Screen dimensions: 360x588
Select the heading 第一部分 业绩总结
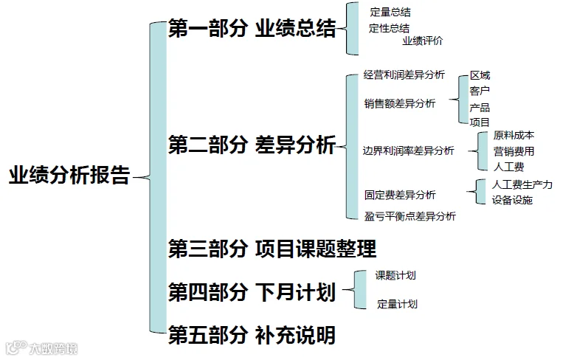pos(252,30)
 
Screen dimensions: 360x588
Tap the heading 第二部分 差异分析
pos(252,145)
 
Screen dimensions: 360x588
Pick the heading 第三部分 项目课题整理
pos(272,248)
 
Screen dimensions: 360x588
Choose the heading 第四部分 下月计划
pos(252,292)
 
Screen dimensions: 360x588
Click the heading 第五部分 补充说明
pos(252,336)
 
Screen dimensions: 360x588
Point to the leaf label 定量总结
pos(390,13)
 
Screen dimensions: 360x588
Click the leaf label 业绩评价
pos(423,41)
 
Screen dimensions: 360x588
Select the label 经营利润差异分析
pos(404,75)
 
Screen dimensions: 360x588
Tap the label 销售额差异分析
pos(399,103)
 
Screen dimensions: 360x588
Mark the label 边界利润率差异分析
pos(408,150)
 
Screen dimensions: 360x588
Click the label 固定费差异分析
pos(399,195)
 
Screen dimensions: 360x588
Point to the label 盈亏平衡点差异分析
pos(409,216)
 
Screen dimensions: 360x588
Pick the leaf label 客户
pos(480,91)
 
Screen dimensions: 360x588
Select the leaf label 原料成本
pos(513,135)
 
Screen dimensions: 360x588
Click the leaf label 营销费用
pos(513,151)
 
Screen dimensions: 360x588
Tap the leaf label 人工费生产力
pos(522,184)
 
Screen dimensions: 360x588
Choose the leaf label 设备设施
pos(512,200)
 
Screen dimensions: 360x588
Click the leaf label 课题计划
pos(395,275)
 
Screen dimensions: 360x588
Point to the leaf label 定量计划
pos(398,303)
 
